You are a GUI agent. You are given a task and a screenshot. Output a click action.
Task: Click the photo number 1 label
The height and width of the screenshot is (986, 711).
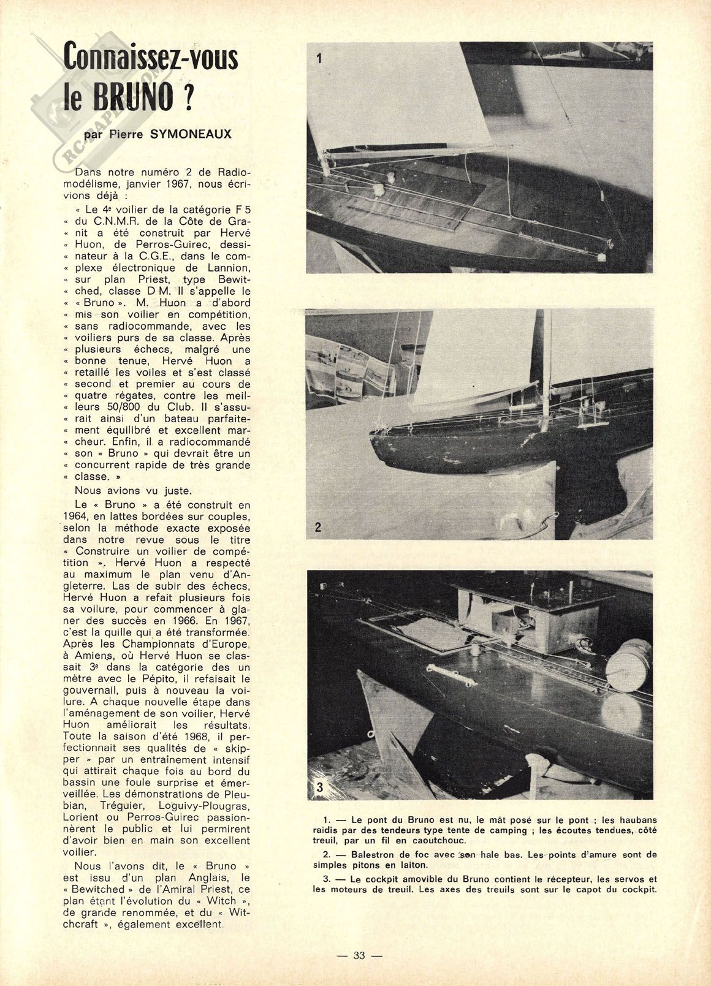(x=319, y=59)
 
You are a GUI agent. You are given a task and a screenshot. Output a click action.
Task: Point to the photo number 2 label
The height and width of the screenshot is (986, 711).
(x=318, y=526)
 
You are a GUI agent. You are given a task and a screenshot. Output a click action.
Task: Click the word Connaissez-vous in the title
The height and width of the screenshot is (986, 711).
(x=150, y=60)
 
